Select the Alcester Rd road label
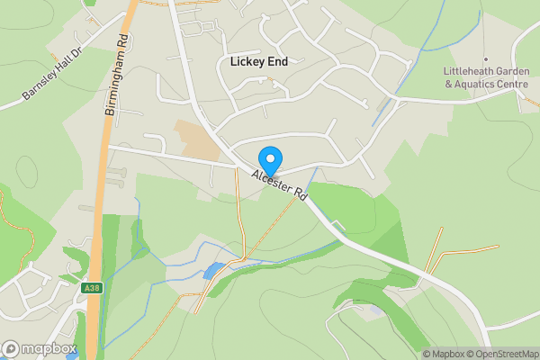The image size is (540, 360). coord(280,184)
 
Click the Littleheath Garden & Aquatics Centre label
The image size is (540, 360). coord(486,77)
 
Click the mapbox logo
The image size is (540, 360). coord(38,348)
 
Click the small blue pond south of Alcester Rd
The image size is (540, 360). coord(211,270)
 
